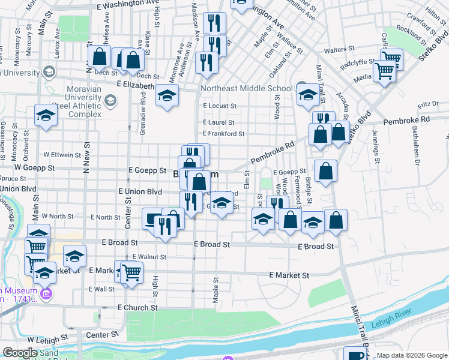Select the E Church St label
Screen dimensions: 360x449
coord(137,307)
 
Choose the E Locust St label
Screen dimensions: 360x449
coord(220,106)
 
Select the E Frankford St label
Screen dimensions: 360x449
coord(223,134)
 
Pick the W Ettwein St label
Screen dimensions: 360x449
coord(62,155)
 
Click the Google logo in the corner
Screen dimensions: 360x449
coord(20,353)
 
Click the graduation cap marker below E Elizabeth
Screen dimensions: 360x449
coord(167,96)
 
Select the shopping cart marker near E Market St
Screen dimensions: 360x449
coord(131,272)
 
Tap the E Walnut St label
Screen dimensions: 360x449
coord(149,257)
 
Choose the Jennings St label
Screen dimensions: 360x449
coord(376,146)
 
